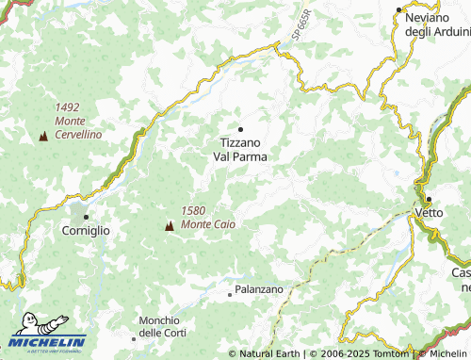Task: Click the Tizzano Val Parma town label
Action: (236, 149)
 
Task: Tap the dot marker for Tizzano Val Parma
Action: (240, 129)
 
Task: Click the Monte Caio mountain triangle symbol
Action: (169, 226)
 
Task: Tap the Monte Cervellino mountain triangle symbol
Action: (42, 138)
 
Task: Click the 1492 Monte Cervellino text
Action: (77, 121)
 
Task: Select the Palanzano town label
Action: (259, 290)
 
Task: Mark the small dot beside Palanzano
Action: (229, 294)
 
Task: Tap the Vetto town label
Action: (429, 214)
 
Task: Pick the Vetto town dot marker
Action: (428, 200)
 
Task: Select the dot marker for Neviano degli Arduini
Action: (398, 10)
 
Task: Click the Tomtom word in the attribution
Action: (394, 353)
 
